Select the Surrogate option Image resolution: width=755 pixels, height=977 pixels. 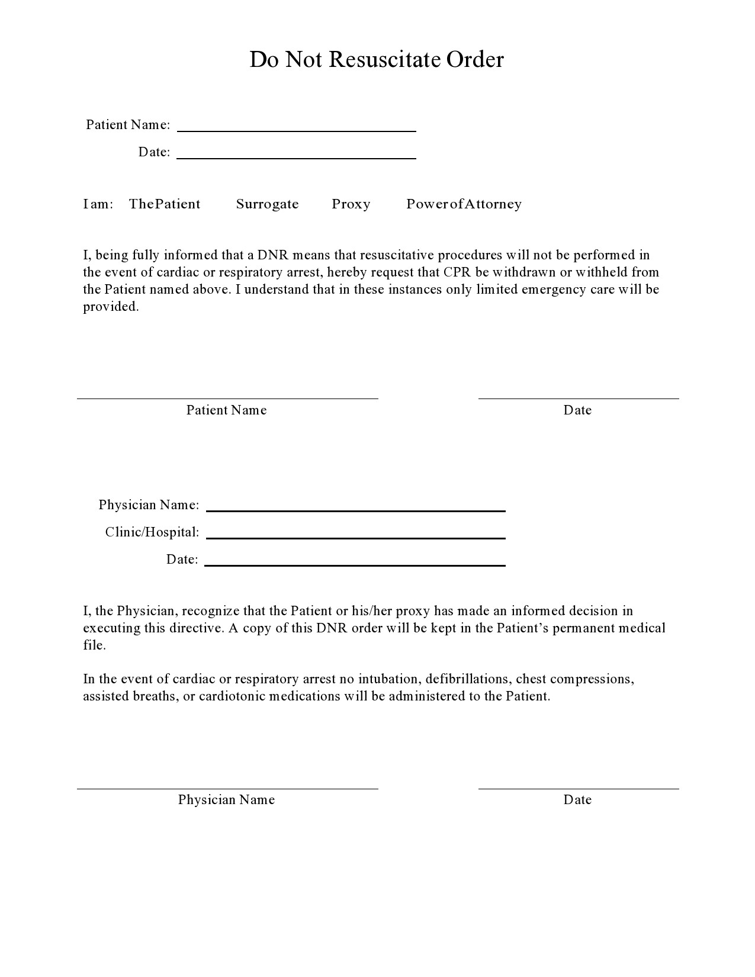click(267, 204)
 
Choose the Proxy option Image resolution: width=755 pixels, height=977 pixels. click(351, 204)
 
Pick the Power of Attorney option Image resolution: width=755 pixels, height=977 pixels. click(464, 204)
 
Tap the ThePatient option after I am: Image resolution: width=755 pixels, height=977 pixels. click(165, 204)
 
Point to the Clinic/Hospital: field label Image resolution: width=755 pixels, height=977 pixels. click(152, 532)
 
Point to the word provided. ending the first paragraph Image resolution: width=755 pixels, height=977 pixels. click(111, 307)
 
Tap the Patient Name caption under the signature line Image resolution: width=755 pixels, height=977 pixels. click(226, 410)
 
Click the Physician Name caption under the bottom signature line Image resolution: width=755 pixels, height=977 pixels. click(226, 800)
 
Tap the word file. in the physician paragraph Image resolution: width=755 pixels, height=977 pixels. click(94, 645)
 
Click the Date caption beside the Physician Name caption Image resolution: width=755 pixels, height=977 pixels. click(577, 800)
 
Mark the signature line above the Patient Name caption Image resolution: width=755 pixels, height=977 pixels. click(227, 398)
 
